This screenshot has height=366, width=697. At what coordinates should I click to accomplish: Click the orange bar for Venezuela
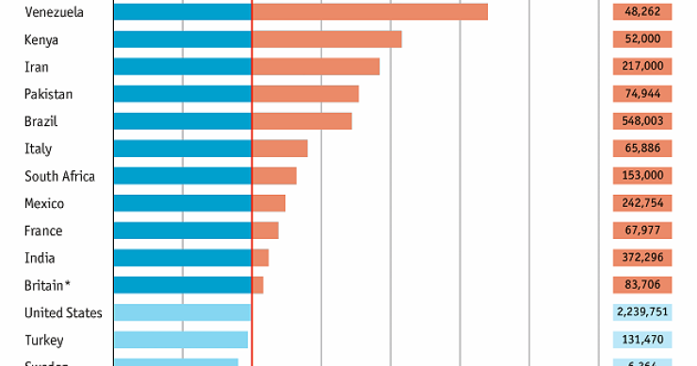click(x=370, y=11)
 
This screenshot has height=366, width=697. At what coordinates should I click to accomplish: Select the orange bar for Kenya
click(x=327, y=39)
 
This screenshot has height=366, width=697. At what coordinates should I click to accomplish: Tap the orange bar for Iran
click(x=316, y=67)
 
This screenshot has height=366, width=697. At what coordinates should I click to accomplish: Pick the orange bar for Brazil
click(x=301, y=121)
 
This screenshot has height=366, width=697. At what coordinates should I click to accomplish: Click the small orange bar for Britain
click(x=257, y=285)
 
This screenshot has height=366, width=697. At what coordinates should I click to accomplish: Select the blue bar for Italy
click(x=183, y=149)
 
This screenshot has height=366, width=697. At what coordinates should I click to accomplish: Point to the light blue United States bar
click(x=183, y=312)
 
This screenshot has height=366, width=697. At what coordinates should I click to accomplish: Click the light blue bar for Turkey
click(x=181, y=340)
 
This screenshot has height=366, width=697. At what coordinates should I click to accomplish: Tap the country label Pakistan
click(x=48, y=94)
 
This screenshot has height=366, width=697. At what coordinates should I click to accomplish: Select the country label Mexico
click(x=43, y=203)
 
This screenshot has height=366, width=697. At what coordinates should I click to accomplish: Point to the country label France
click(x=43, y=231)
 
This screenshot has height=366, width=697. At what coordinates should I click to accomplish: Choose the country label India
click(x=40, y=258)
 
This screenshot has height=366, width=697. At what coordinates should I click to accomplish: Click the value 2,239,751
click(x=641, y=312)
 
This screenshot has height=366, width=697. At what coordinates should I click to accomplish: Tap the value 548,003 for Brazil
click(x=641, y=121)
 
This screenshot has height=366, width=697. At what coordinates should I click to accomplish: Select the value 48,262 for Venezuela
click(x=641, y=11)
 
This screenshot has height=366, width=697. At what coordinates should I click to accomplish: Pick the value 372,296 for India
click(x=641, y=258)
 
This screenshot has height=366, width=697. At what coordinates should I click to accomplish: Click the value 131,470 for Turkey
click(x=641, y=340)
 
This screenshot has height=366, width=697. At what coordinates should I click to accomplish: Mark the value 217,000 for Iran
click(x=641, y=67)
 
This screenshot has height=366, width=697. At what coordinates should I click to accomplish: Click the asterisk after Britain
click(x=68, y=283)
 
